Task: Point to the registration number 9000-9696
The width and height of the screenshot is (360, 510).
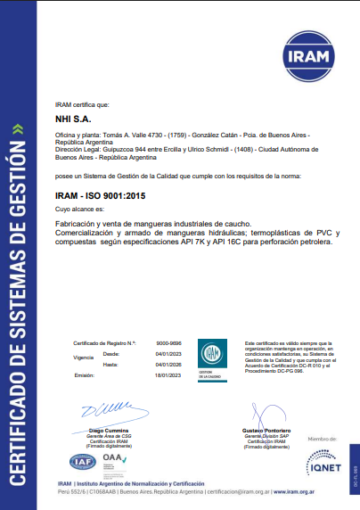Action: tap(169, 342)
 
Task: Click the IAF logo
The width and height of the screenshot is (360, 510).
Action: tap(82, 463)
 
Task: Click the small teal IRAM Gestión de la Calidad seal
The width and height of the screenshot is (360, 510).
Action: tap(209, 356)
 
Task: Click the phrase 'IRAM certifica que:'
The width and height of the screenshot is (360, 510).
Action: tap(82, 104)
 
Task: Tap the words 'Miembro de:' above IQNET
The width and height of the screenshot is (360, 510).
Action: tap(320, 440)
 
